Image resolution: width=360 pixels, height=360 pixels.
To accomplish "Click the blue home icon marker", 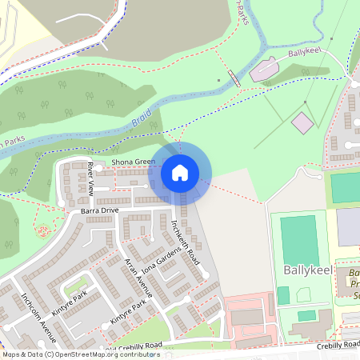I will [180, 172].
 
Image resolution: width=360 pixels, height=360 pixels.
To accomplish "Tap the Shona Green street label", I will [133, 162].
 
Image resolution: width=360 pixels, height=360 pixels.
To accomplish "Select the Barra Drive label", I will [99, 210].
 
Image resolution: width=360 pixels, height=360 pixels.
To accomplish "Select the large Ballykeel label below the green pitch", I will [307, 270].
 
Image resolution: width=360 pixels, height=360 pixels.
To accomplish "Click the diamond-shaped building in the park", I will [302, 123].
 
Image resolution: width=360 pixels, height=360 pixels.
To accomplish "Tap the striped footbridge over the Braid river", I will [234, 78].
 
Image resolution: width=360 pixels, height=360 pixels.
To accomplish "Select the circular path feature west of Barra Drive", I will [42, 233].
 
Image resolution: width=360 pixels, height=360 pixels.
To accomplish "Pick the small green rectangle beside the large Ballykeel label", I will [284, 295].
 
